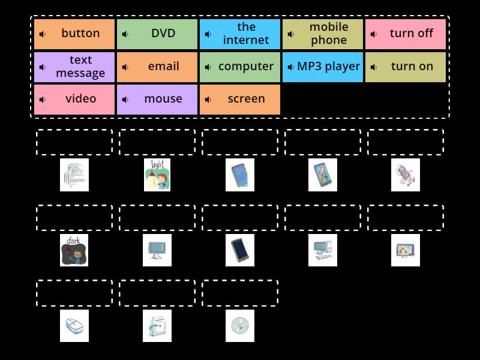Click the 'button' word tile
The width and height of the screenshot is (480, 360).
tap(74, 34)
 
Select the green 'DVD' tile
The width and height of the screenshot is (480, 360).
tap(157, 34)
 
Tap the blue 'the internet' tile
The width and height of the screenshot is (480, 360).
tap(240, 34)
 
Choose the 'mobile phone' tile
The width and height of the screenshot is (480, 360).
tap(323, 34)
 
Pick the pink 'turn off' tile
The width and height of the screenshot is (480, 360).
tap(406, 34)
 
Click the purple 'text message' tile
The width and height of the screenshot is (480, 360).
tap(74, 67)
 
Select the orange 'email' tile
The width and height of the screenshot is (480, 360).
tap(157, 67)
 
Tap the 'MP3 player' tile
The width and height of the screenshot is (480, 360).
tap(323, 67)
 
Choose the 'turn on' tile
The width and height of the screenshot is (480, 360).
tap(406, 67)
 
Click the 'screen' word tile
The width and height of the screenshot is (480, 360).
tap(240, 99)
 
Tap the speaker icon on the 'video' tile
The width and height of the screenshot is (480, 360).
tap(43, 100)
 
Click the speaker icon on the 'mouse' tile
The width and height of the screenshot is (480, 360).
tap(125, 100)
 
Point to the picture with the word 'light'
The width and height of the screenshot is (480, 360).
tap(157, 175)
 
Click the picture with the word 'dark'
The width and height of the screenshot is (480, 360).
tap(74, 250)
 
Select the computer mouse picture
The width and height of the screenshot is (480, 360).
tap(74, 326)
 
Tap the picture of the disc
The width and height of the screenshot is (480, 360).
tap(240, 326)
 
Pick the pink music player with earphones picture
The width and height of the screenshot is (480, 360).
tap(406, 175)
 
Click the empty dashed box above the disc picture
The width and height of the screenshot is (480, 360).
tap(240, 293)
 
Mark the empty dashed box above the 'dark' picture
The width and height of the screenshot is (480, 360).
tap(74, 218)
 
